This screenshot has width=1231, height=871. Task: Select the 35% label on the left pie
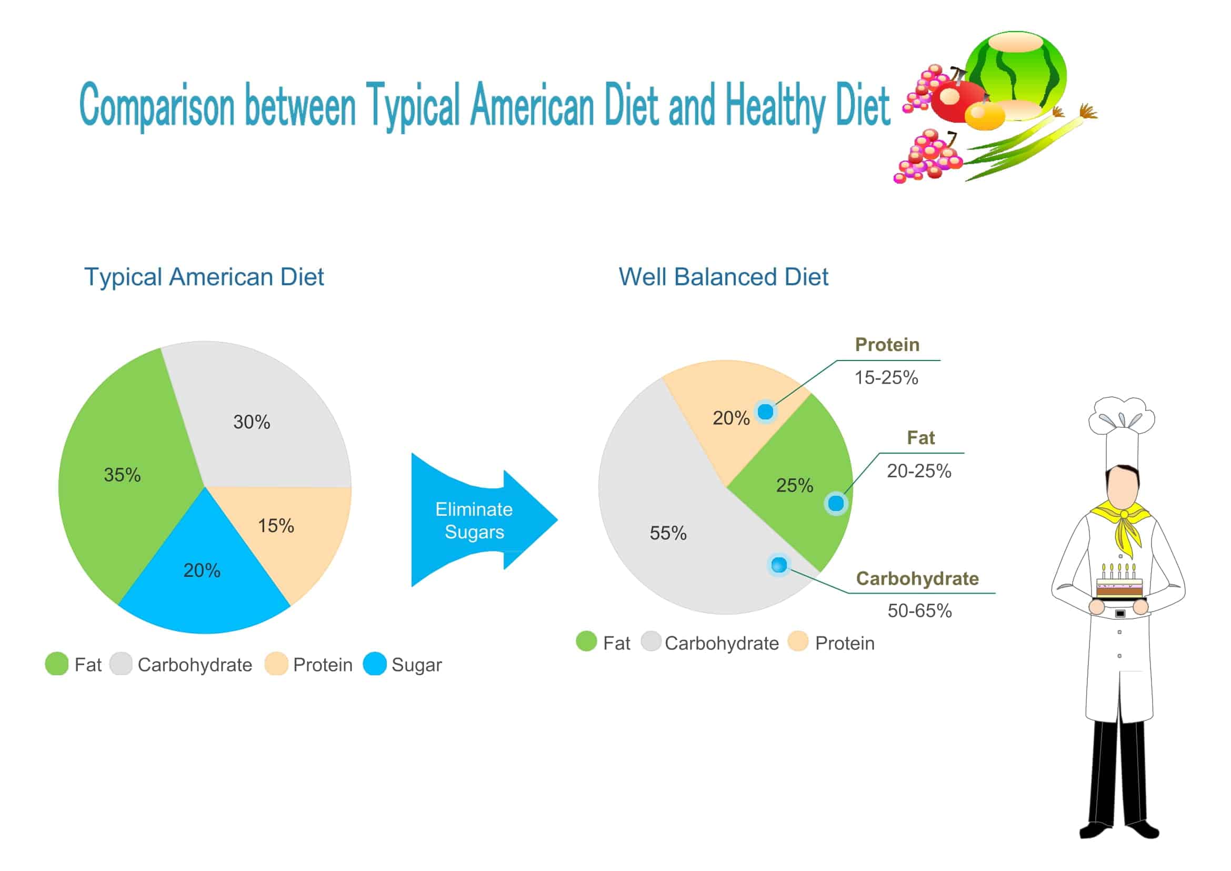pyautogui.click(x=122, y=475)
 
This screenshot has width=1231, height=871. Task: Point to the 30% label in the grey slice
pyautogui.click(x=252, y=422)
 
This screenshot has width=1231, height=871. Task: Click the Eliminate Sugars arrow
pyautogui.click(x=475, y=520)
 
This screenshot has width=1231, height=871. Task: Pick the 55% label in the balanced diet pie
pyautogui.click(x=668, y=533)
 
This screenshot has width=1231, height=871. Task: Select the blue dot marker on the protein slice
pyautogui.click(x=765, y=412)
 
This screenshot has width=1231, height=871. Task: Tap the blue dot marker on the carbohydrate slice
pyautogui.click(x=779, y=564)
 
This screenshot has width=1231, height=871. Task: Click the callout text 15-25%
pyautogui.click(x=886, y=377)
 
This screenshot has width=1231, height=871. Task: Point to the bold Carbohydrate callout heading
pyautogui.click(x=917, y=578)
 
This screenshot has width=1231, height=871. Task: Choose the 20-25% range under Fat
pyautogui.click(x=919, y=471)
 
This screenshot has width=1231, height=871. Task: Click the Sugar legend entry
pyautogui.click(x=416, y=665)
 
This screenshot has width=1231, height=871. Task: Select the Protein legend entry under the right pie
pyautogui.click(x=844, y=643)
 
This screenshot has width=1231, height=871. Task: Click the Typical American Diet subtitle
pyautogui.click(x=204, y=277)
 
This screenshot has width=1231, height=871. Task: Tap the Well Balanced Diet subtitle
pyautogui.click(x=723, y=277)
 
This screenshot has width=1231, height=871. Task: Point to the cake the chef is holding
pyautogui.click(x=1120, y=585)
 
